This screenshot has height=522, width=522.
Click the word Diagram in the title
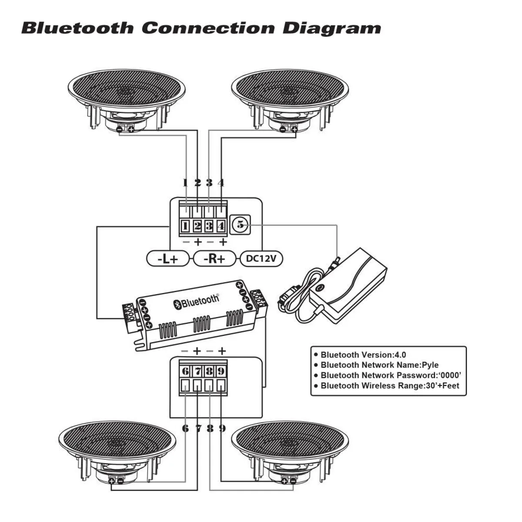(332, 29)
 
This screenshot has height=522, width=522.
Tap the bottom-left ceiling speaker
(117, 452)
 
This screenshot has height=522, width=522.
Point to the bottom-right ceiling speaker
(290, 452)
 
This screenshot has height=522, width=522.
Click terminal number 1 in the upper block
(185, 226)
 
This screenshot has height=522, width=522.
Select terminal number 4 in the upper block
(221, 226)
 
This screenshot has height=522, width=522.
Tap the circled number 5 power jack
(240, 225)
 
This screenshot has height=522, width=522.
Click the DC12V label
(261, 259)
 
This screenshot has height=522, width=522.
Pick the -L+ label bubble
(168, 259)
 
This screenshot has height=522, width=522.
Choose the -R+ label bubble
(215, 259)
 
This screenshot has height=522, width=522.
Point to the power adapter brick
(348, 285)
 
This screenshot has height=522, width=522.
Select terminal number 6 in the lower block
(185, 371)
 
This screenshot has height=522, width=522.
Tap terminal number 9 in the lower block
(221, 371)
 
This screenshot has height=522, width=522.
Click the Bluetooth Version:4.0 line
(363, 355)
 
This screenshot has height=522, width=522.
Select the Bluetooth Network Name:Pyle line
(379, 365)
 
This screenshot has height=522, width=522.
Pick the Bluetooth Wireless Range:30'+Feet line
(389, 385)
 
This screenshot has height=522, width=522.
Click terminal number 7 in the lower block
(197, 371)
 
